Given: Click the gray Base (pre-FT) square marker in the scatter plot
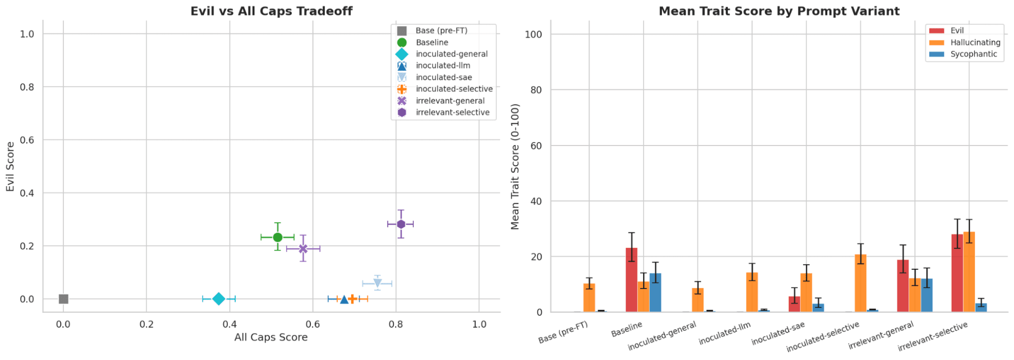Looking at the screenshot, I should tap(63, 299).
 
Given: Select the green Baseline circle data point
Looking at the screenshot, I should tap(277, 237).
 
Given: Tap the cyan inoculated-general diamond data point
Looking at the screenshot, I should tap(219, 299).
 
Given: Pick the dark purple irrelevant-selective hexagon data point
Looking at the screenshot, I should tap(401, 224).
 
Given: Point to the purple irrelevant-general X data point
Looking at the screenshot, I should tap(303, 248).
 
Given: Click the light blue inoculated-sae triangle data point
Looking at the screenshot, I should tap(377, 283).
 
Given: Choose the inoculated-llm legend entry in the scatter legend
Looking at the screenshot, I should tap(442, 65).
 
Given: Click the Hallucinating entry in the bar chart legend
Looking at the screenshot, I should tap(975, 43).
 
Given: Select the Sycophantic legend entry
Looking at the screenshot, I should tap(973, 54).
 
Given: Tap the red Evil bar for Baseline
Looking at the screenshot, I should tap(632, 280).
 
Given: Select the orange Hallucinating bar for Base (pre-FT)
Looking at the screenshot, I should tap(589, 298).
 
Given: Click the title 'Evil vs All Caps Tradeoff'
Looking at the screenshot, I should tap(271, 11).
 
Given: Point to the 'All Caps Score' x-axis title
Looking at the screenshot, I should tap(271, 337).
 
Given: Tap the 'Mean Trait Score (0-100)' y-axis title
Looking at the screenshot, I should tap(515, 166).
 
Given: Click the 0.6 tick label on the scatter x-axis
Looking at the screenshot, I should tap(312, 324).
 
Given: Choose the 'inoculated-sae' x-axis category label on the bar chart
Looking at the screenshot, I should tap(778, 334).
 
